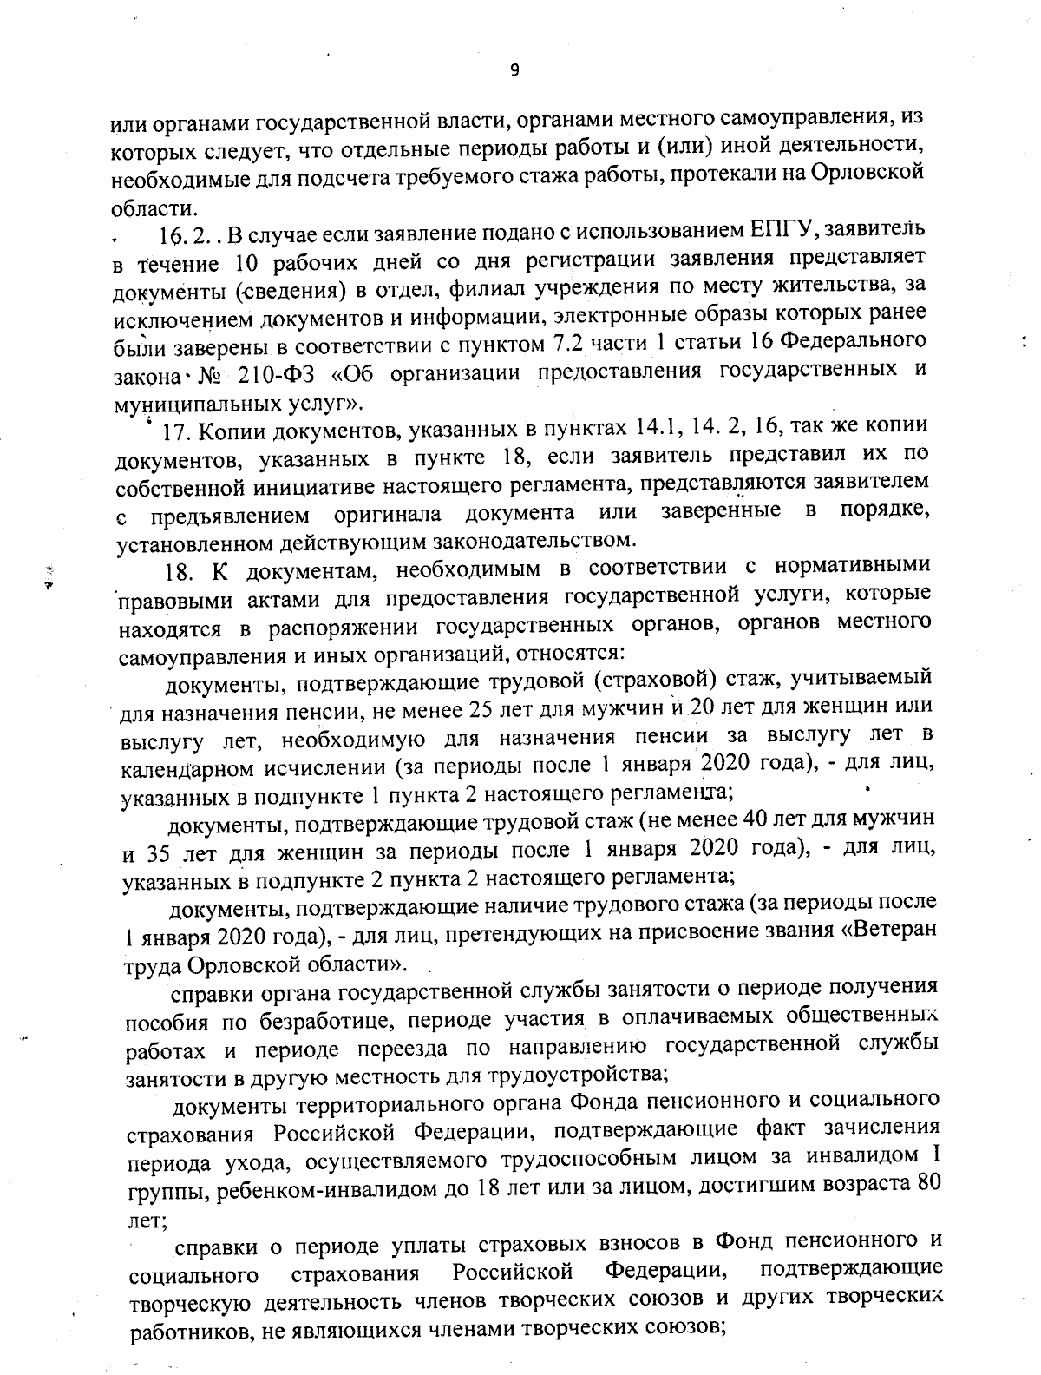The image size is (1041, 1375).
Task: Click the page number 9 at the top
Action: point(514,71)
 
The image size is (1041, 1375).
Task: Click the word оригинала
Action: point(390,515)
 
